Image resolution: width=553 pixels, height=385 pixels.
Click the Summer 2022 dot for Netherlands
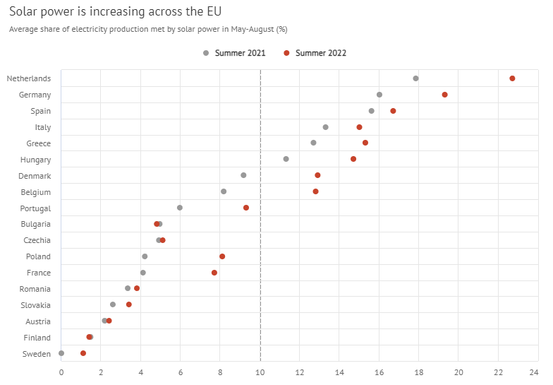point(512,78)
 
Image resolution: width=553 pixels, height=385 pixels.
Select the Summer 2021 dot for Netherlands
point(415,78)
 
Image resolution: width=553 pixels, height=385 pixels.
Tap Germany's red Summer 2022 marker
point(444,95)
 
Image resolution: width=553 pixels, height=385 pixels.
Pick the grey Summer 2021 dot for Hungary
point(286,159)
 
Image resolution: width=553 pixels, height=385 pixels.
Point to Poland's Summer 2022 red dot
point(222,256)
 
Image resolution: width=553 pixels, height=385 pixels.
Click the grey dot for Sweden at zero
point(61,353)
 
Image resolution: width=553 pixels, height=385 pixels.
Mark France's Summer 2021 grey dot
point(142,273)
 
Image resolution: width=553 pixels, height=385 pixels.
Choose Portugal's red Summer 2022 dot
point(246,208)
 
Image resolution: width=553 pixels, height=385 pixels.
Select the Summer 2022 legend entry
point(315,53)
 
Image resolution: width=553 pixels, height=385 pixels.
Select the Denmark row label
point(35,176)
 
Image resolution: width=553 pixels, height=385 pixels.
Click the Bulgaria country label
point(35,224)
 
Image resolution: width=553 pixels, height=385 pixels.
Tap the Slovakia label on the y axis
point(35,305)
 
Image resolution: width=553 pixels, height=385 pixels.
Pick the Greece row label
point(38,143)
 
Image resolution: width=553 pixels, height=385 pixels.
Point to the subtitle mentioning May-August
point(148,30)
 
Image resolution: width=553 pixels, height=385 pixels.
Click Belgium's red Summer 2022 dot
point(315,191)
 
